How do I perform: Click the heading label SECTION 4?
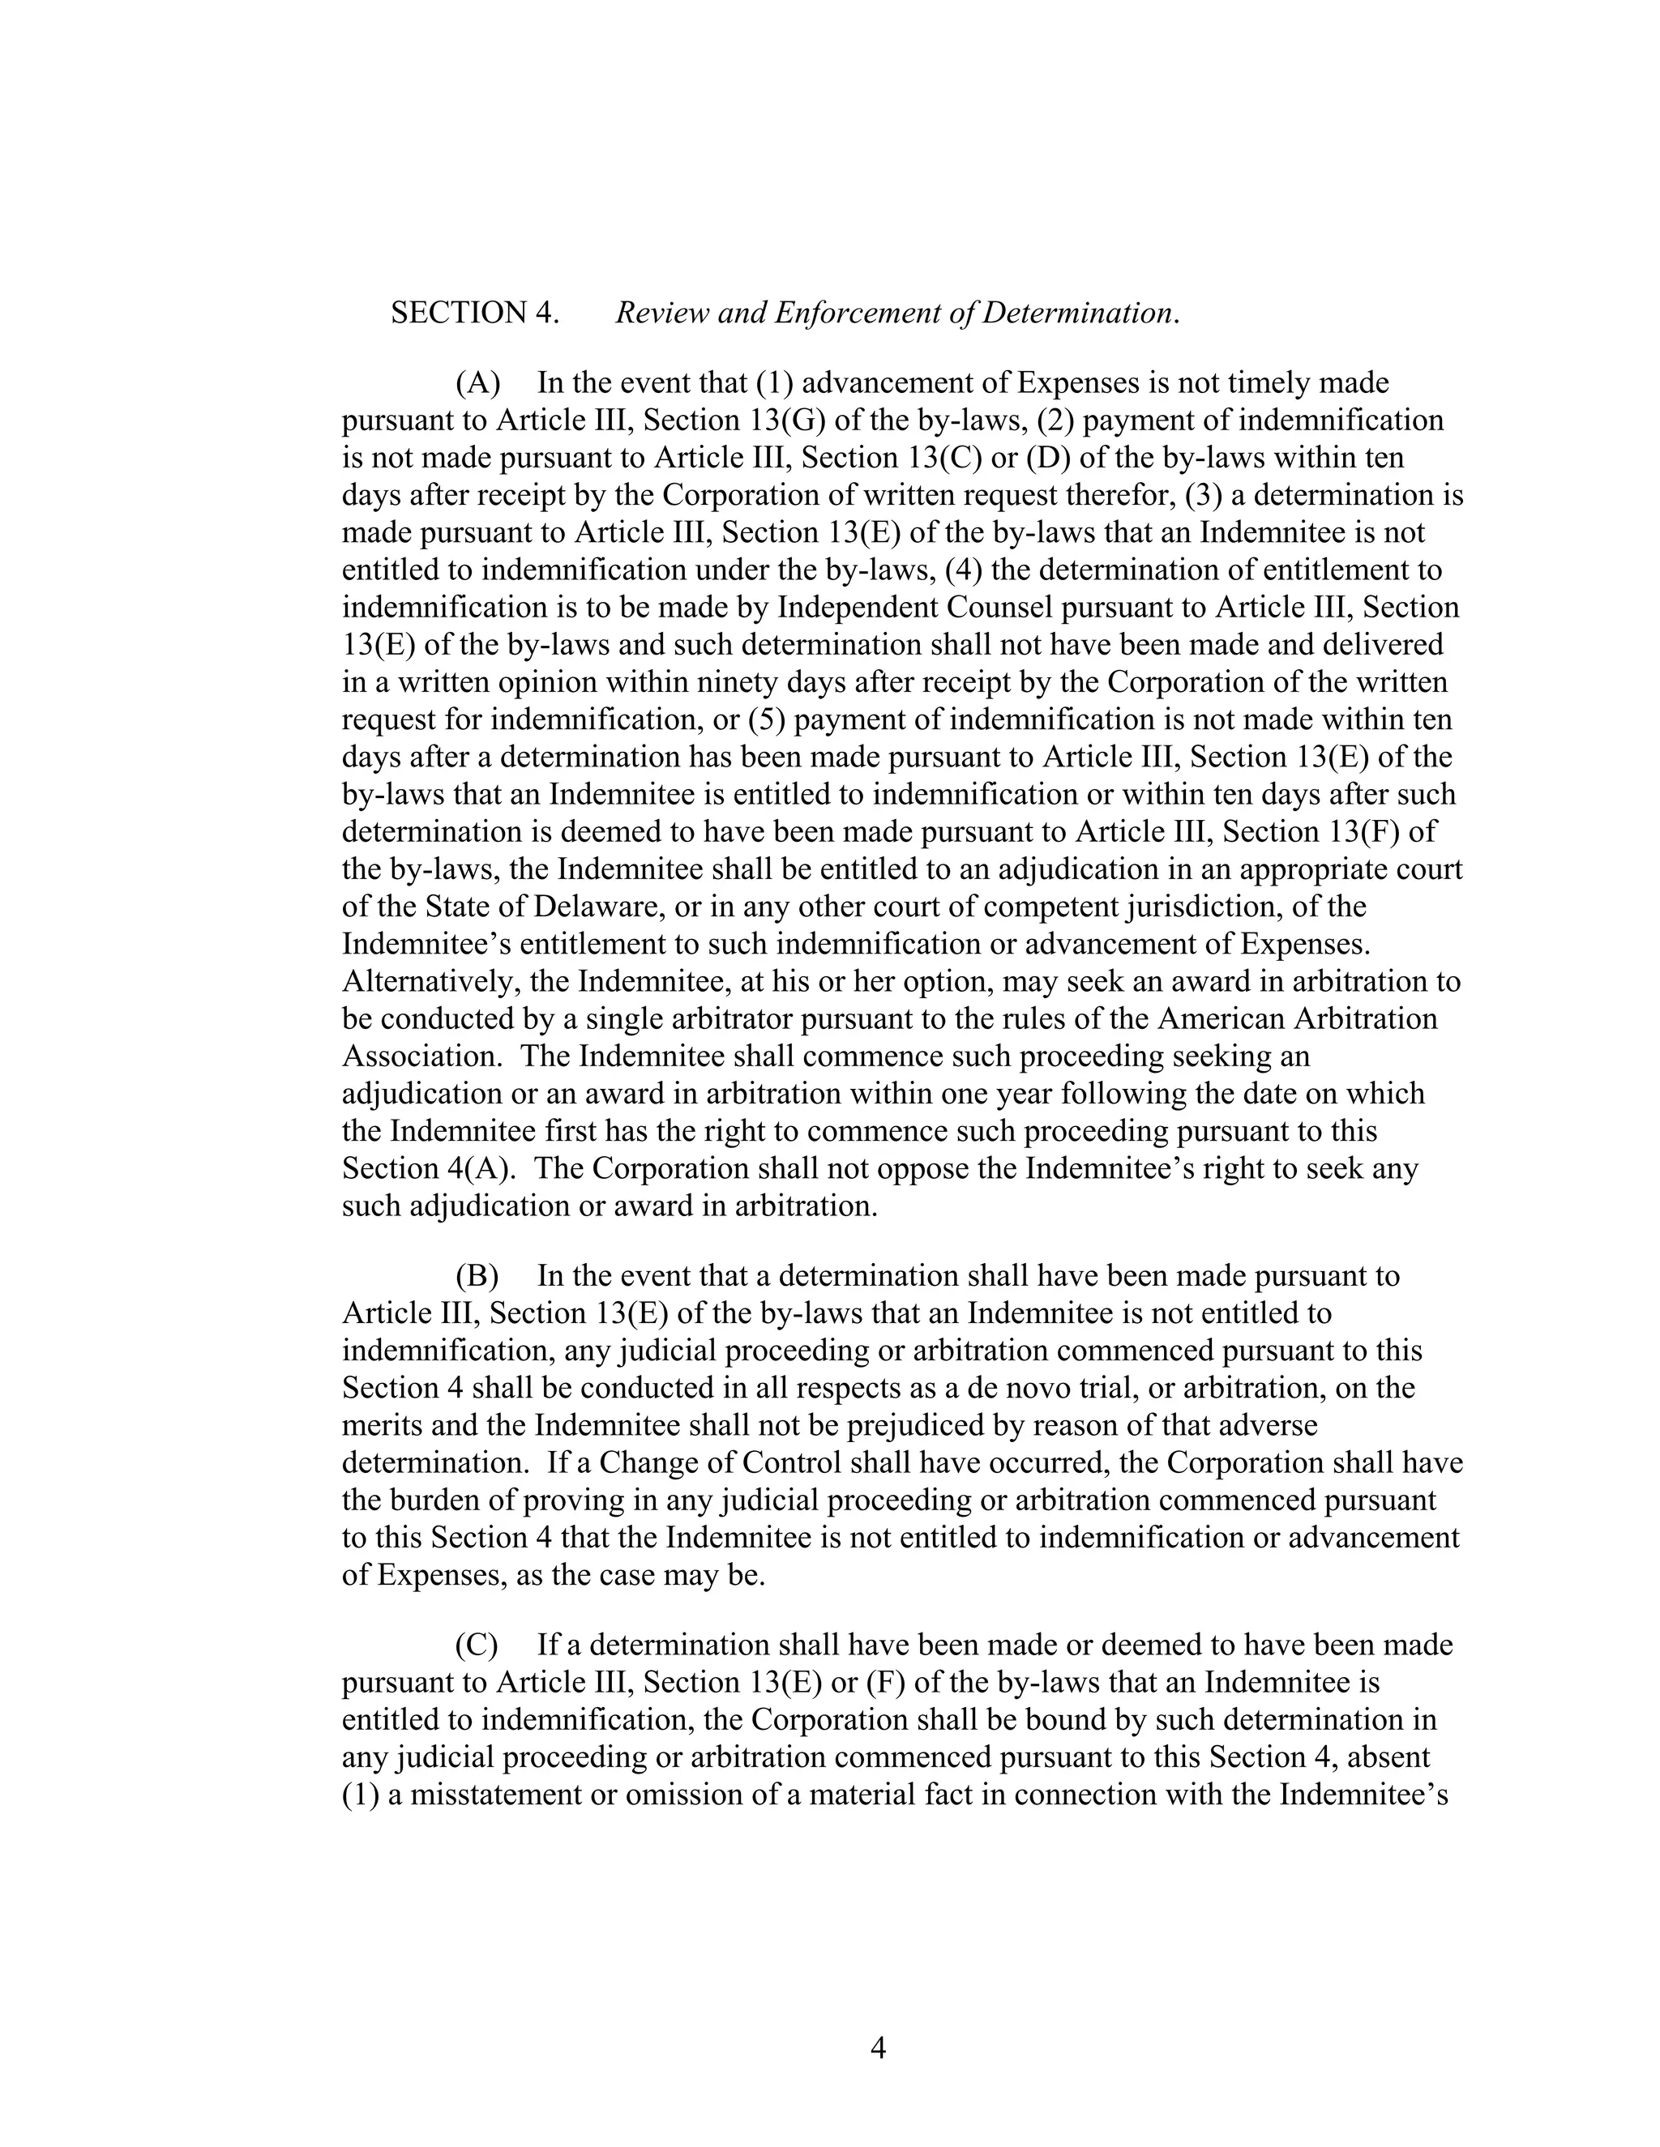coord(475,314)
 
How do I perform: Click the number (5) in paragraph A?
coord(766,719)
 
